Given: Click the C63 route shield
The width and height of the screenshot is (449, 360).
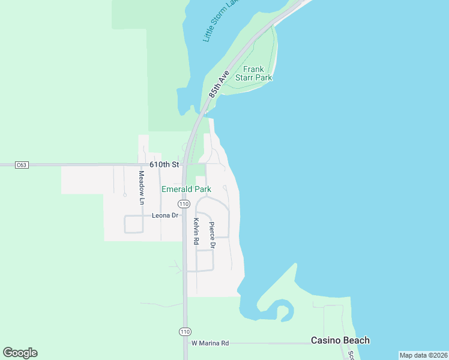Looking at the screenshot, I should (x=22, y=164).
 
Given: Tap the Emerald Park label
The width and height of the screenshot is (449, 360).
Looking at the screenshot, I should (x=186, y=189).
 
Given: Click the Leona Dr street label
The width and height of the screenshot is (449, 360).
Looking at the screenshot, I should (x=166, y=215).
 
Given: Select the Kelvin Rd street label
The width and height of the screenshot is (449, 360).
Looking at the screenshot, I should (x=196, y=231).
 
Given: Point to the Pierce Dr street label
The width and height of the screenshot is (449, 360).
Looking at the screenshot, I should (x=211, y=235).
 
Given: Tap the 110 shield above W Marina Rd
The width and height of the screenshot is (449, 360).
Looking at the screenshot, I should (x=185, y=331).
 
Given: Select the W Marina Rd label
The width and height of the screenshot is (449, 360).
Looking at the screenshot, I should (x=210, y=343).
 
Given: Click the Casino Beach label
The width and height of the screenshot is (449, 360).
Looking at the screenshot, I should (x=340, y=340).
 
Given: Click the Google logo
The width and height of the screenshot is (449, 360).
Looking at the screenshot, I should (x=20, y=353).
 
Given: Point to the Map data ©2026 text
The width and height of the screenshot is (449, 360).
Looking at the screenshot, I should (x=423, y=355).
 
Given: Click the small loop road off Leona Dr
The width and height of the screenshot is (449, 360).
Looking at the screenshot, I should (x=134, y=224).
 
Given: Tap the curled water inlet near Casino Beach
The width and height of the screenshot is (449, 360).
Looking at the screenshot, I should (x=283, y=311).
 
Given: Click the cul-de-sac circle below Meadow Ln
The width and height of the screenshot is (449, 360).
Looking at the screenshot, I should (x=124, y=194).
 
